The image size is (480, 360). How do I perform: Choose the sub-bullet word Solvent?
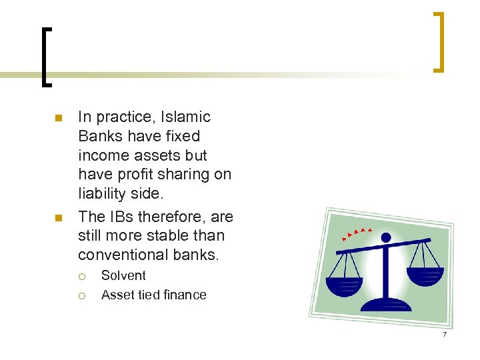[123, 275]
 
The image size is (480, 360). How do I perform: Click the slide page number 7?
[444, 333]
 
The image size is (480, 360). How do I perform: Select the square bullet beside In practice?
[58, 119]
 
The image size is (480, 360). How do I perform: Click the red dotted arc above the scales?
[356, 233]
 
